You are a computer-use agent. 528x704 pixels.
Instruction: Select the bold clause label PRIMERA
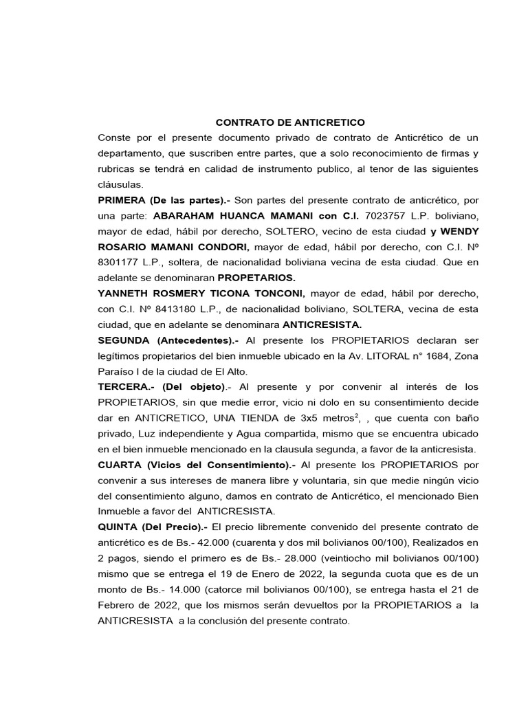click(x=123, y=200)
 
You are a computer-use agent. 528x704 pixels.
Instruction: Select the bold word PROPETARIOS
click(x=256, y=278)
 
